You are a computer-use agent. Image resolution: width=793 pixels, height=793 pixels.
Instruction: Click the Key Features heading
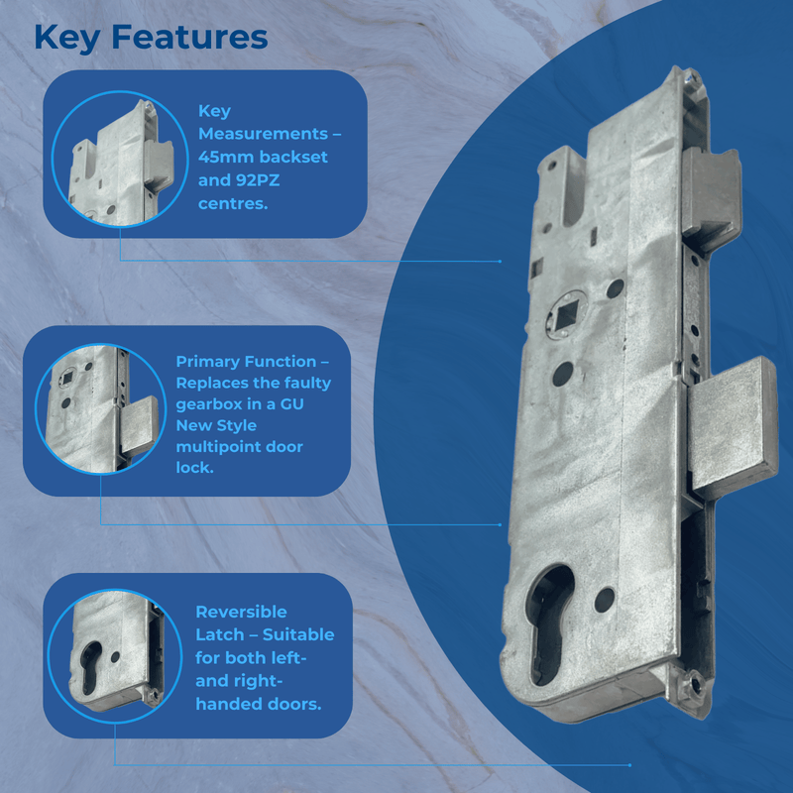click(x=151, y=37)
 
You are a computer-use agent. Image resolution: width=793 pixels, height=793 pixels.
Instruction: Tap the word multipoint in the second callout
click(x=219, y=447)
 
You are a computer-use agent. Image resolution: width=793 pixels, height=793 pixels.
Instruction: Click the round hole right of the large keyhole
click(x=605, y=598)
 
